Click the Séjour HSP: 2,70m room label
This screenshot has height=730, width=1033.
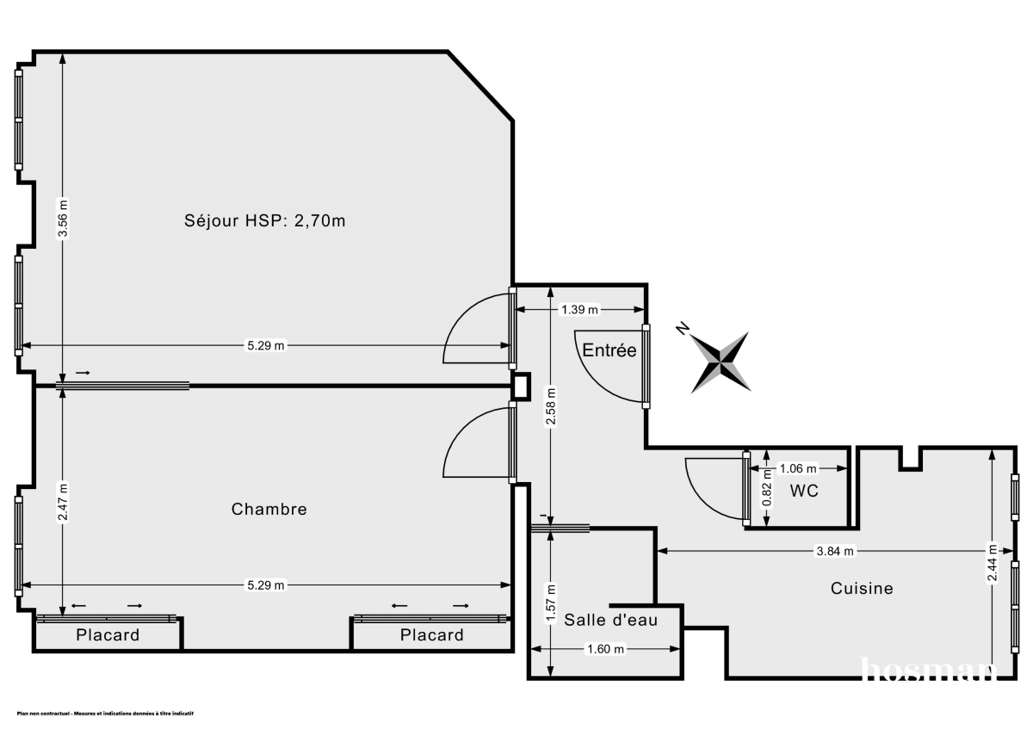tap(265, 220)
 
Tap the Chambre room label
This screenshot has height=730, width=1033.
tap(269, 509)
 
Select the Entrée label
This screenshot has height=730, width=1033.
tap(609, 350)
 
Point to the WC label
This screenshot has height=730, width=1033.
tap(803, 492)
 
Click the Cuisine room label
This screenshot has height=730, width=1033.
tap(862, 589)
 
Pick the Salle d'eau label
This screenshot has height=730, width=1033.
tap(611, 619)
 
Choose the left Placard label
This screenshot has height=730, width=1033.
tap(108, 635)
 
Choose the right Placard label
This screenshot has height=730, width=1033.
tap(431, 635)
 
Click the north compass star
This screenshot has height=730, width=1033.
tap(721, 362)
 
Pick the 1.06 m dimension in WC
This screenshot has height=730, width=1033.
tap(796, 469)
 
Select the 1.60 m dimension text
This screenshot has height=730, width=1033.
tap(605, 649)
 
